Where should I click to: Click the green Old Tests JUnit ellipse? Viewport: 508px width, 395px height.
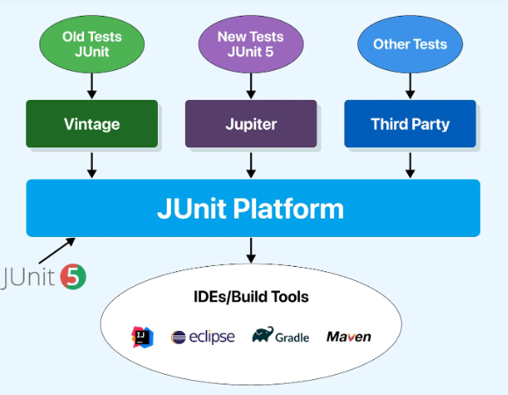click(92, 44)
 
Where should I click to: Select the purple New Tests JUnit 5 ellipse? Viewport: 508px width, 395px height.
click(251, 44)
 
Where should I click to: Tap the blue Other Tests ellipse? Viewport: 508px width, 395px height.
click(410, 44)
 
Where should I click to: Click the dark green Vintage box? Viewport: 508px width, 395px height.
click(92, 124)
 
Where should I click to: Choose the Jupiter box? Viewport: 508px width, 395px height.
click(251, 124)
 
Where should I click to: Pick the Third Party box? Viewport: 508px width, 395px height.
click(410, 124)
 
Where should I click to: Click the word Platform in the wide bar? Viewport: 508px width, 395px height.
click(289, 209)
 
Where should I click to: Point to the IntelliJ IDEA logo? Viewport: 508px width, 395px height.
click(142, 337)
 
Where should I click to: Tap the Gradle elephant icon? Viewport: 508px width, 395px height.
click(262, 334)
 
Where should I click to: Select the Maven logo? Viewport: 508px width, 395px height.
click(349, 337)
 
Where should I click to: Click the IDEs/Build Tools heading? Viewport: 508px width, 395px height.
click(251, 297)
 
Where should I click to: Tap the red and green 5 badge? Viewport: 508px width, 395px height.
click(73, 276)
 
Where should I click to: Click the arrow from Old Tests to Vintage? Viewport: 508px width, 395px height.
click(92, 86)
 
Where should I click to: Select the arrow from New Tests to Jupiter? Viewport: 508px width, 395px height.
click(251, 86)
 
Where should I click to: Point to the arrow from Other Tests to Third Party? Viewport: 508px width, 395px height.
click(410, 86)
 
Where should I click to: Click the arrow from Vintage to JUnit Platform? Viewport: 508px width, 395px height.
click(92, 166)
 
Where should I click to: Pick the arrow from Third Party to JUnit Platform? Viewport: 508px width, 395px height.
click(410, 166)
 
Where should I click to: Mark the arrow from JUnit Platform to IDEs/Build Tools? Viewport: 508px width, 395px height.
click(251, 250)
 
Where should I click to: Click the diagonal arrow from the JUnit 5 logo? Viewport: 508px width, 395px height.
click(57, 251)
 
